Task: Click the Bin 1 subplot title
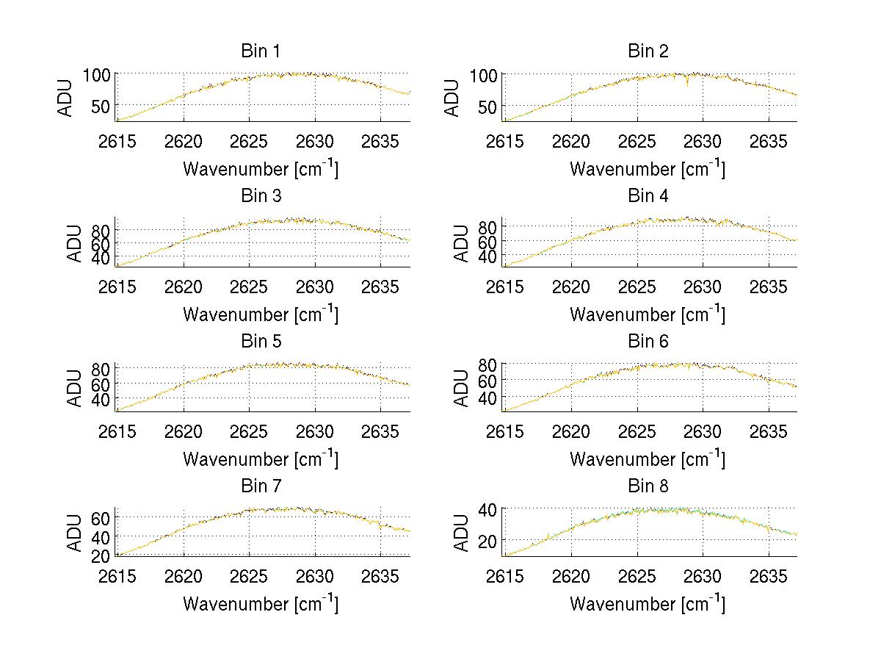[260, 51]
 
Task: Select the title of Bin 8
[648, 486]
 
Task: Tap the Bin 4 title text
[648, 195]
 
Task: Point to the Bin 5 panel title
[260, 341]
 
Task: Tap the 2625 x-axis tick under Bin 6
[637, 431]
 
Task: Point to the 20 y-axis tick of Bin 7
[101, 555]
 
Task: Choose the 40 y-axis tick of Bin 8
[490, 508]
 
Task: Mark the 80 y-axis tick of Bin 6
[490, 364]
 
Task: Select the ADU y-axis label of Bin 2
[453, 97]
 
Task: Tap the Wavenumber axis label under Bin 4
[648, 314]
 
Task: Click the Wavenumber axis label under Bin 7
[260, 603]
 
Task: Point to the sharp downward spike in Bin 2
[687, 83]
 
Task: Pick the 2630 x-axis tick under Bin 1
[315, 140]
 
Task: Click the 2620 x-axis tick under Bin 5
[184, 431]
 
